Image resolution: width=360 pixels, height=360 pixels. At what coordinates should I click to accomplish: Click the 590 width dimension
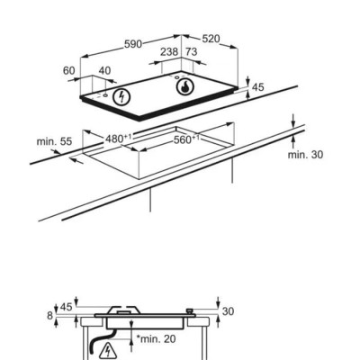(133, 44)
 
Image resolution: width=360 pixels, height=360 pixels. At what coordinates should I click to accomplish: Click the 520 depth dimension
(211, 39)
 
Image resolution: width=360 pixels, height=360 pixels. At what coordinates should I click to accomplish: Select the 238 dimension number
(169, 52)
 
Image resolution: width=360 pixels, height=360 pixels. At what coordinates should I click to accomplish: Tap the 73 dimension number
(191, 52)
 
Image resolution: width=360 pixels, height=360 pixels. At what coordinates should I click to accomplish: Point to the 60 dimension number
(68, 71)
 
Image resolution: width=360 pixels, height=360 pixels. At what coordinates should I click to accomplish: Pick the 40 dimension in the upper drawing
(104, 71)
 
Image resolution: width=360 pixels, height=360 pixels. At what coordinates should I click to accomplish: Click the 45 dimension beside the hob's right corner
(258, 87)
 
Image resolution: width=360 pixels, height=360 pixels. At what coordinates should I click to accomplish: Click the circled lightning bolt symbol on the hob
(121, 96)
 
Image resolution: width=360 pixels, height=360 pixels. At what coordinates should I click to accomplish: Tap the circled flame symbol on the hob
(184, 86)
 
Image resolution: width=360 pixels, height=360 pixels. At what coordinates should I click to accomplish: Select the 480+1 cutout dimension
(119, 139)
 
